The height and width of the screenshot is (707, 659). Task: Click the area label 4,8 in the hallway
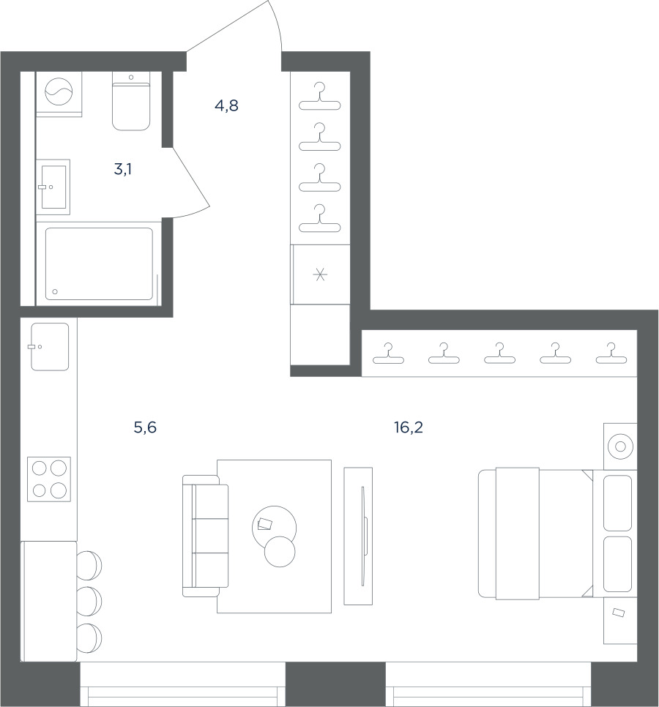coord(226,105)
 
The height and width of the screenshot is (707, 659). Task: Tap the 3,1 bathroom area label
coord(123,169)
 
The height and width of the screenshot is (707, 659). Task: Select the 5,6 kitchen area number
coord(145,427)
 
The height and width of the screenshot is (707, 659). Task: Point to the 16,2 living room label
coord(409,427)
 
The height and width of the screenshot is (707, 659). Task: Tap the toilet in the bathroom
coord(131,102)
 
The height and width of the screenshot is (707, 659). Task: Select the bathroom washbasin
coord(53,187)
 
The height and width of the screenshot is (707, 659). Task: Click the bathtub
coord(99,263)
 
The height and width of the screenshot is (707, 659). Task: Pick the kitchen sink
coord(50,347)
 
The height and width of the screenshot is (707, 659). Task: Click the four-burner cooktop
coord(49,479)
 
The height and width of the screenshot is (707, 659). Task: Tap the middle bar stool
coord(89,602)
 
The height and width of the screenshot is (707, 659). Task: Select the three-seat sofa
coord(205,536)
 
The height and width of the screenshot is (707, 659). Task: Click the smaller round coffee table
coord(280,551)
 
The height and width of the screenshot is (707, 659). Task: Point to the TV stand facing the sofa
coord(358,536)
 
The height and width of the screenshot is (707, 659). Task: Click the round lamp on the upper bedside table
coord(620,446)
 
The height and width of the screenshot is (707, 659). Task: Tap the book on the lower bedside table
coord(619,613)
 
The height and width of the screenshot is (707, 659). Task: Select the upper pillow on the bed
coord(617,503)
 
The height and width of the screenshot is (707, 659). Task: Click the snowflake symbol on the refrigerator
coord(320,274)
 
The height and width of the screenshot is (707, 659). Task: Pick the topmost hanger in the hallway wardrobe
coord(320,96)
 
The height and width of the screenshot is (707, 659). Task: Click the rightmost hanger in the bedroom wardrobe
coord(611,353)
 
